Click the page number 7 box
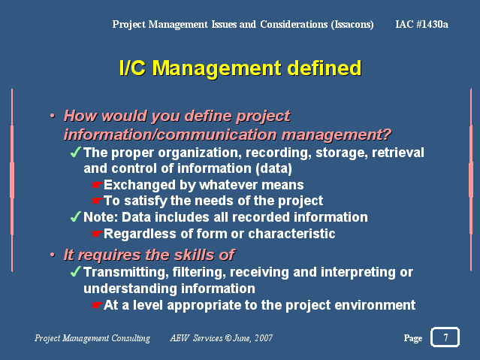(x=445, y=337)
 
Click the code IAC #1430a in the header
(x=421, y=24)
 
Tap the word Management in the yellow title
(x=217, y=68)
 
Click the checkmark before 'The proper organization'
(x=75, y=152)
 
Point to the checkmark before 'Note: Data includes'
(x=75, y=216)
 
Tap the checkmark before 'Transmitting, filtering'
(x=75, y=271)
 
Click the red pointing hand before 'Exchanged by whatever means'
(x=96, y=185)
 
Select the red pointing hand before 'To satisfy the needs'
(x=96, y=201)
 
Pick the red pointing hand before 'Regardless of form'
(x=96, y=234)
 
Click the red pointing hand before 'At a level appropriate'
(x=96, y=305)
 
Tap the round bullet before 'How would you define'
(x=53, y=116)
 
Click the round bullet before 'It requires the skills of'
(x=53, y=255)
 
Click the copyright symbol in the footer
(x=228, y=337)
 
